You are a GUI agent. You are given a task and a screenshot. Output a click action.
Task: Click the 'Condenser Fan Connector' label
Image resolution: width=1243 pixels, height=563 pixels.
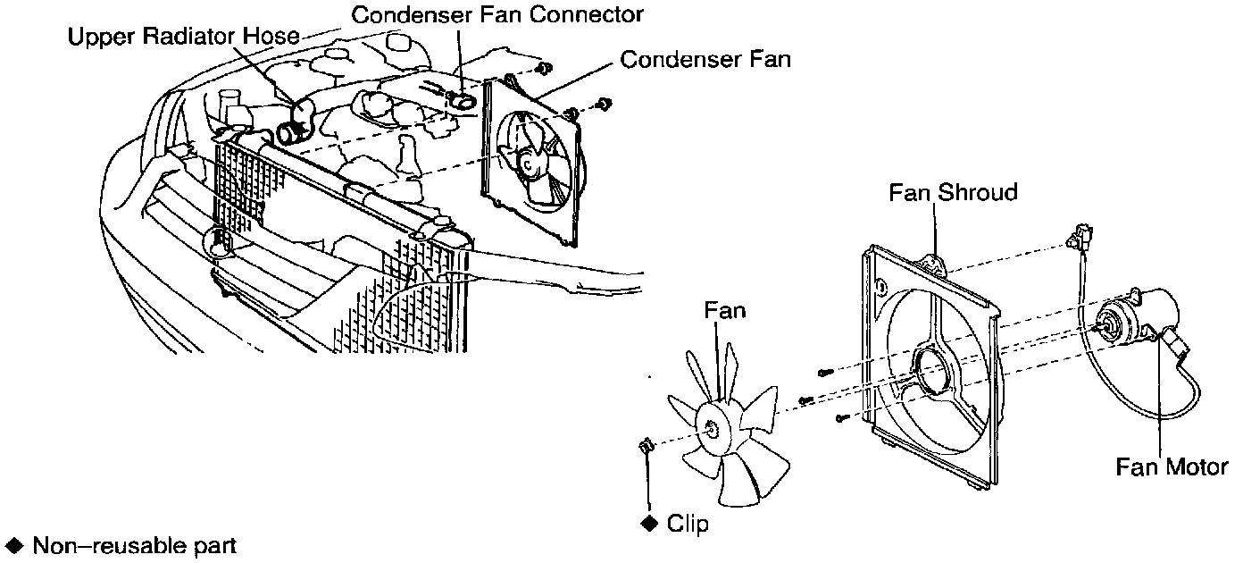click(x=496, y=14)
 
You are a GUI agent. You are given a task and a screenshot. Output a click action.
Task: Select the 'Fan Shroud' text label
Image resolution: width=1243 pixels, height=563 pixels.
click(x=953, y=192)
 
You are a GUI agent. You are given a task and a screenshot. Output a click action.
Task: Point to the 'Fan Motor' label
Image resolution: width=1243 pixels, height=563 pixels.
click(x=1172, y=466)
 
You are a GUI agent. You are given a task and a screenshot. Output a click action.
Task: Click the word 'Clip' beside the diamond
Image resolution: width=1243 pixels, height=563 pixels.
click(x=688, y=524)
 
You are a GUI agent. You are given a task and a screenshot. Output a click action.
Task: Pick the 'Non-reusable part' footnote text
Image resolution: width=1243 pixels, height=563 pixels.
click(x=134, y=545)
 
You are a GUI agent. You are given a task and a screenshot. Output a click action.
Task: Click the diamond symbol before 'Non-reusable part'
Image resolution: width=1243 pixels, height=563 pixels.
click(x=13, y=545)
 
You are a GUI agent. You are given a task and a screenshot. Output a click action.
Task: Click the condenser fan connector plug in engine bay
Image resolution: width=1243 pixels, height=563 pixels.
click(x=463, y=100)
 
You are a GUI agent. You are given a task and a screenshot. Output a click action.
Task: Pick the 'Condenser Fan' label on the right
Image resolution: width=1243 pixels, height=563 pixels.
click(x=705, y=60)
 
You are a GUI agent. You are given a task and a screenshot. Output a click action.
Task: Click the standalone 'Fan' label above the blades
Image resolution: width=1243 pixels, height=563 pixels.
click(x=724, y=311)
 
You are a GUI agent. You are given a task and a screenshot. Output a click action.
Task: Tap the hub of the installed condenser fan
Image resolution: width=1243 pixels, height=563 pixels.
click(x=529, y=164)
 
